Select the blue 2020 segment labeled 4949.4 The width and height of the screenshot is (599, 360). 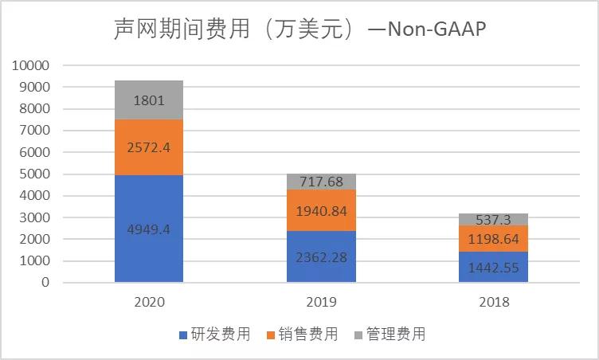tap(149, 229)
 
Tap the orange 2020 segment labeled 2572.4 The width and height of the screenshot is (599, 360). tap(149, 147)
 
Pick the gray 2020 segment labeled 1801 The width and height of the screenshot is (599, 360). tap(149, 100)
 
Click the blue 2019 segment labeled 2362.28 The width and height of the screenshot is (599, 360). tap(321, 256)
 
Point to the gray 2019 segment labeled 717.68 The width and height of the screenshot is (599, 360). tap(321, 182)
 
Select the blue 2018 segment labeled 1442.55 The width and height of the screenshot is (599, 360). tap(493, 267)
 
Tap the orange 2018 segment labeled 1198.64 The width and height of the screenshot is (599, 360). tap(493, 238)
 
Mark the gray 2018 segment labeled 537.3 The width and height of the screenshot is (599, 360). tap(493, 219)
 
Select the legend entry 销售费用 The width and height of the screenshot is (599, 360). tap(302, 335)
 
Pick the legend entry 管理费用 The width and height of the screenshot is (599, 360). tap(390, 335)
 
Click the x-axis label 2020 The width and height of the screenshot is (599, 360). tap(149, 303)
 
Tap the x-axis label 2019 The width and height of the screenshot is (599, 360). tap(321, 303)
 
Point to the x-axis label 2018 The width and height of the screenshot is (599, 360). tap(493, 303)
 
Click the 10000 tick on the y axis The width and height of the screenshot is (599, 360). tap(31, 65)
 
